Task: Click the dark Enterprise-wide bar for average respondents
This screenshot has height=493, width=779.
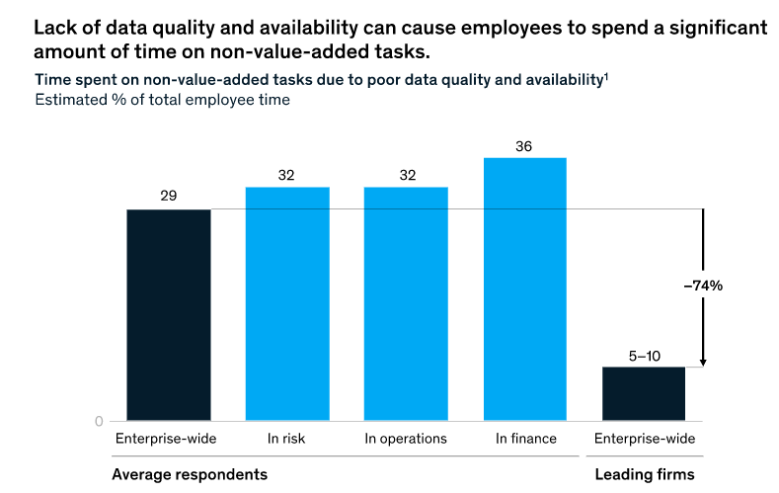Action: [168, 315]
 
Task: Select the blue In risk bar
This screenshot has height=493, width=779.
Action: [287, 304]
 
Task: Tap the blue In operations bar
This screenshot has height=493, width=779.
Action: [406, 304]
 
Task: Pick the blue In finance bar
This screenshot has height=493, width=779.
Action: [524, 289]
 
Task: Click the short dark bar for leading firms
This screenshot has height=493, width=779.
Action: [643, 394]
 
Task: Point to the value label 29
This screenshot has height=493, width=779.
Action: [168, 197]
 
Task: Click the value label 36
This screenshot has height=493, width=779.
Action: [524, 146]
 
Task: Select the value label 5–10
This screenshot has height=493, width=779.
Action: [643, 355]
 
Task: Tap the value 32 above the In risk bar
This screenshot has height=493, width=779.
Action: [287, 175]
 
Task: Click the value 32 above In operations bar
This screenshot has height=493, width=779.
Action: [406, 175]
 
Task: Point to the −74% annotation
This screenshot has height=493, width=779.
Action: [704, 286]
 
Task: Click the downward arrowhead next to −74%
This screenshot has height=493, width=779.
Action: [702, 361]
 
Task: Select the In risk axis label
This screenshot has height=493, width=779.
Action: [287, 439]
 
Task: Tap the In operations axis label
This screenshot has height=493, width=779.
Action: [406, 439]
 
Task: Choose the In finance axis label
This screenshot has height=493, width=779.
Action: [524, 439]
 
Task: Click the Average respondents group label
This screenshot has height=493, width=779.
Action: [190, 474]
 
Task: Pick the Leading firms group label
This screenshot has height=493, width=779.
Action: [644, 474]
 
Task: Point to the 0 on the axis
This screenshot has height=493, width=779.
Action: [99, 421]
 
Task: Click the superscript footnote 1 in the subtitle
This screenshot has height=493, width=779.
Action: [605, 77]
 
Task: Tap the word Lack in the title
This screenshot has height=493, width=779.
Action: [53, 28]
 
